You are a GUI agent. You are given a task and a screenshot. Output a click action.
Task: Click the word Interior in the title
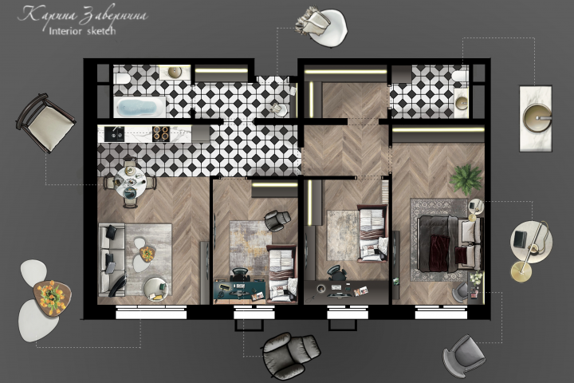click(65, 31)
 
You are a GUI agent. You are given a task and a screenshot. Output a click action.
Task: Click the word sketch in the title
click(101, 31)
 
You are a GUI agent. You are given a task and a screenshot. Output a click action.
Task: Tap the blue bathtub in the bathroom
click(140, 107)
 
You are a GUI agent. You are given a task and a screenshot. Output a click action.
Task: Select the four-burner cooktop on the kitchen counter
click(161, 134)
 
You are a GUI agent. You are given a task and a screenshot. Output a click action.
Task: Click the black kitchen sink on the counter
click(114, 134)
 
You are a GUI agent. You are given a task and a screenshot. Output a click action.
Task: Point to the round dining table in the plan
click(130, 182)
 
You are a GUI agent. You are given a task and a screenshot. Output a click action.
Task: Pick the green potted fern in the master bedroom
click(466, 180)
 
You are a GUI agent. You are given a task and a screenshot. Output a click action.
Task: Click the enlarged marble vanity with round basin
click(536, 118)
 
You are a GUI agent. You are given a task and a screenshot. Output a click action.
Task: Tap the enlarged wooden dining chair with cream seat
click(45, 122)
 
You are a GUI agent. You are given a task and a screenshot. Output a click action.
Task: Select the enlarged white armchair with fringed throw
click(322, 26)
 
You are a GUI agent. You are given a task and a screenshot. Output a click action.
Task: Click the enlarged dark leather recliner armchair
click(291, 355)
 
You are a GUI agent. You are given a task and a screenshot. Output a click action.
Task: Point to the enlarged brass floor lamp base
click(521, 272)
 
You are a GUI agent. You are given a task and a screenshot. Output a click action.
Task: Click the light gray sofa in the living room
click(112, 259)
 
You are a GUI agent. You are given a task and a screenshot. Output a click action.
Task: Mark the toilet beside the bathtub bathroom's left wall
click(121, 77)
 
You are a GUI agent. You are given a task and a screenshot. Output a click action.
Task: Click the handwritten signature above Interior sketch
click(83, 15)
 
